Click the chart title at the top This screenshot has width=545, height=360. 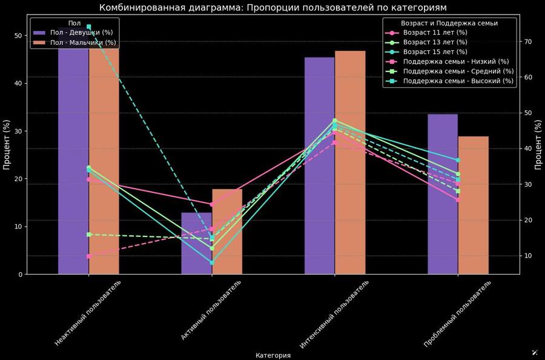click(272, 8)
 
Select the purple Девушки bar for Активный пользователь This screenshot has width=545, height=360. click(196, 243)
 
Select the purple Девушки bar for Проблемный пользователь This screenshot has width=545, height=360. click(442, 194)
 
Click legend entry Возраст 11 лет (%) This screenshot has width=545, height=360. click(435, 33)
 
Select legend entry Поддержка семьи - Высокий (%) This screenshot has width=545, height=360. click(458, 81)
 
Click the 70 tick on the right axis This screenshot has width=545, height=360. click(528, 41)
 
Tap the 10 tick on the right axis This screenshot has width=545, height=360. click(528, 256)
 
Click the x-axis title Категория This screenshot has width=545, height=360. click(272, 356)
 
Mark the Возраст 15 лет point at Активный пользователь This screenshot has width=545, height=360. click(212, 262)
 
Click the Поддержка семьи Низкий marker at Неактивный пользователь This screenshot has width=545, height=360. click(88, 256)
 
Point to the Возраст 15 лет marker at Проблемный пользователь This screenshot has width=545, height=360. click(458, 160)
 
